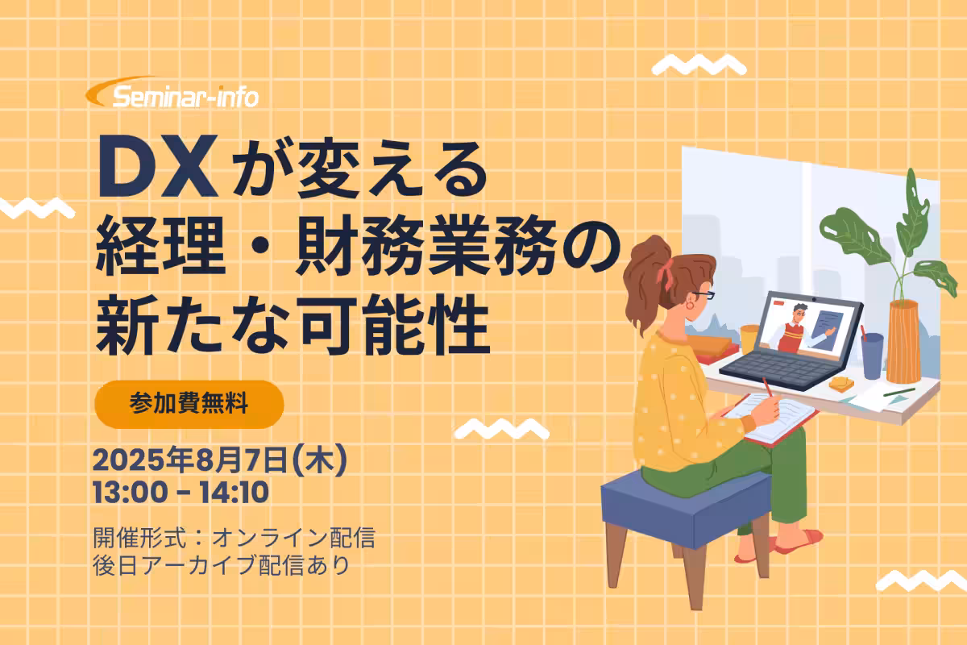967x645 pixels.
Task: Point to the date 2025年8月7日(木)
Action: click(x=220, y=460)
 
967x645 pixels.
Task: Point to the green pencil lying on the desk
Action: click(x=899, y=393)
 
